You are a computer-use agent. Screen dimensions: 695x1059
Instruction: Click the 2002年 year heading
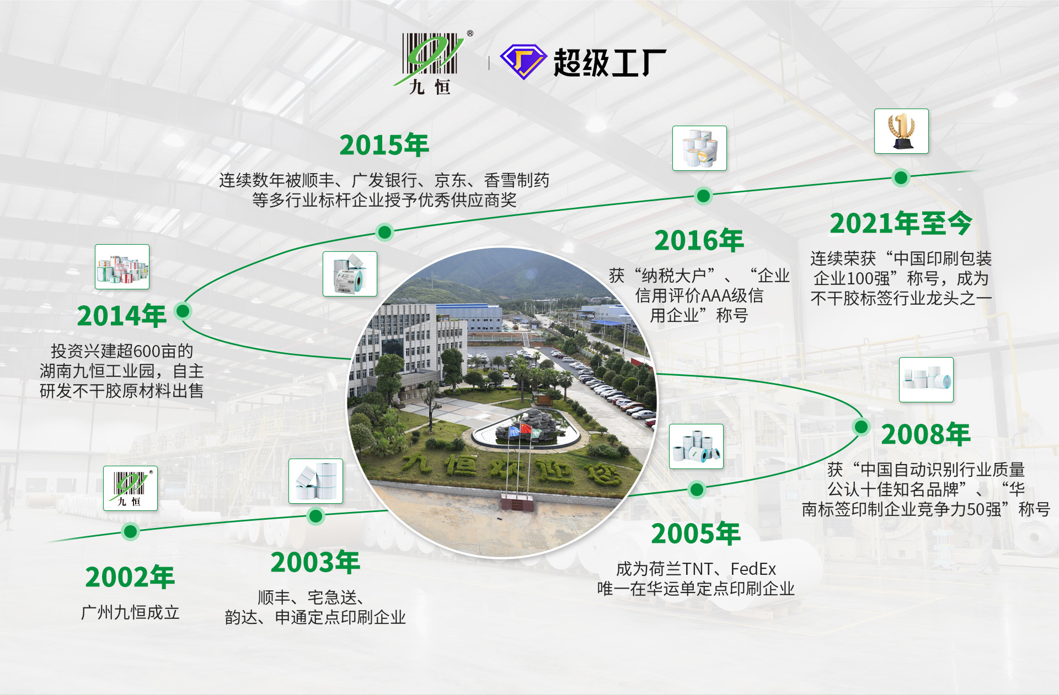click(x=130, y=577)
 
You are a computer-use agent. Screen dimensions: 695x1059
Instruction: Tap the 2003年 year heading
click(x=315, y=562)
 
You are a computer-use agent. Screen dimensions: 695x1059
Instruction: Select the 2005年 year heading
click(x=696, y=534)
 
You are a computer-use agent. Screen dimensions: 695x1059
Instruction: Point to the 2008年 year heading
click(x=926, y=434)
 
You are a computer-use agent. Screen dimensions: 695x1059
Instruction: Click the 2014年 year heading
click(x=121, y=316)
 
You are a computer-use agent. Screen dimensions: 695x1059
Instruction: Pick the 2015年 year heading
click(x=384, y=145)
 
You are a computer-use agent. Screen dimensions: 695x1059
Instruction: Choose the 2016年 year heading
click(x=699, y=240)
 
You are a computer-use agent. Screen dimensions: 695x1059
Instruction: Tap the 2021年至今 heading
click(x=901, y=223)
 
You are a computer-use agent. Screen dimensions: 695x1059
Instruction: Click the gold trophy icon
click(x=901, y=131)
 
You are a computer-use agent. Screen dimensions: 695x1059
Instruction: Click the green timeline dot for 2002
click(x=130, y=531)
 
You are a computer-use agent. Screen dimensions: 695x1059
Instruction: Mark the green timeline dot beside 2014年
click(x=183, y=311)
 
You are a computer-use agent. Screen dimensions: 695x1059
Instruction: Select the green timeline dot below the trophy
click(x=901, y=177)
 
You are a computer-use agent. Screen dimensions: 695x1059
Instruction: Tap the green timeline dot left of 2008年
click(x=860, y=426)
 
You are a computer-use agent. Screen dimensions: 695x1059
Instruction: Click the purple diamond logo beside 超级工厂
click(x=523, y=62)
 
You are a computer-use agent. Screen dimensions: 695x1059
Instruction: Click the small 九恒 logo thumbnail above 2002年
click(x=130, y=488)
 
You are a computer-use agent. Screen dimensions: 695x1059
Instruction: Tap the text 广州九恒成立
click(x=130, y=612)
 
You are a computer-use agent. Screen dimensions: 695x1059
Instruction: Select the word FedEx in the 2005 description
click(x=753, y=569)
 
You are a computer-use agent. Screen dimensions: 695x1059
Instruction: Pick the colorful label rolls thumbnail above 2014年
click(x=122, y=267)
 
